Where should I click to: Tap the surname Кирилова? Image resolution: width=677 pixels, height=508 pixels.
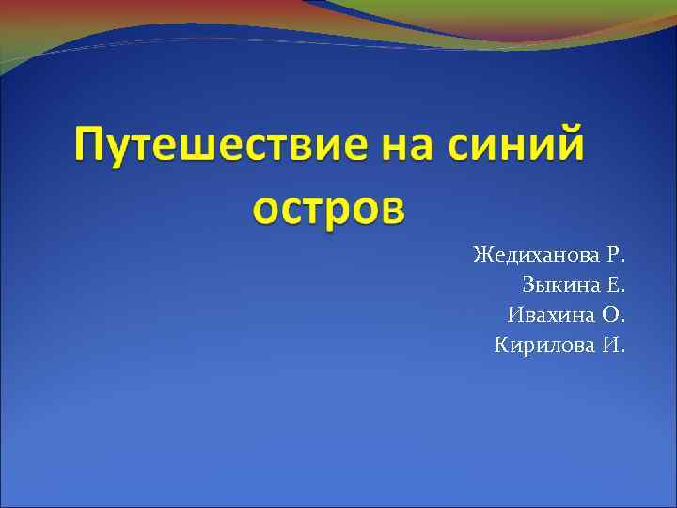544,345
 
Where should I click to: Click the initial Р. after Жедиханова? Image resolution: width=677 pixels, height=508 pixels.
616,255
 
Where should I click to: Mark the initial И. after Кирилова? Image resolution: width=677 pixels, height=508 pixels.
613,345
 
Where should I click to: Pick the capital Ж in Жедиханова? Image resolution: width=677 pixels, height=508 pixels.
482,255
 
